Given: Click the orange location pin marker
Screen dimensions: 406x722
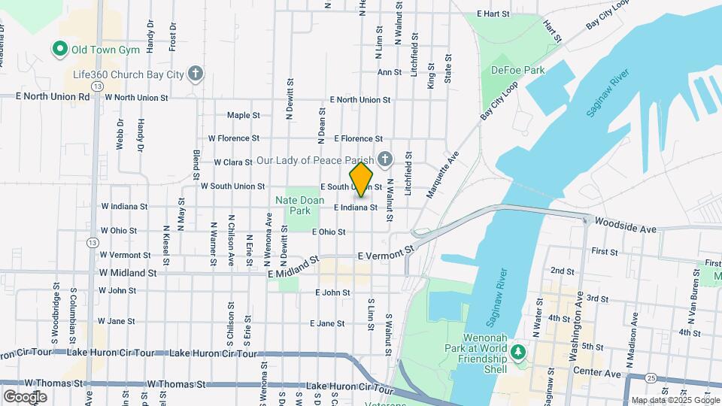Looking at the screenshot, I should pos(361,179).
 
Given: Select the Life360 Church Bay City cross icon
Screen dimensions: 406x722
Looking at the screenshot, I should pos(196,73).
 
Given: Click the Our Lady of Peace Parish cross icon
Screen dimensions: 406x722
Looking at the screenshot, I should pos(385,159).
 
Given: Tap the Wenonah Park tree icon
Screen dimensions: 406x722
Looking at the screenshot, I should pos(517,351).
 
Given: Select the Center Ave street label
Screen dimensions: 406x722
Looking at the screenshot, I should pos(603,373).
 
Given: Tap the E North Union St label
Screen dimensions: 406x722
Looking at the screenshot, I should pos(360,99).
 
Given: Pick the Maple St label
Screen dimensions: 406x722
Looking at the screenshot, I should pos(243,116).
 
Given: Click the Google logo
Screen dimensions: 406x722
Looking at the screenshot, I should pos(24,396).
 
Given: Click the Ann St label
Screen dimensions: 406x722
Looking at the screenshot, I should pos(389,72).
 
